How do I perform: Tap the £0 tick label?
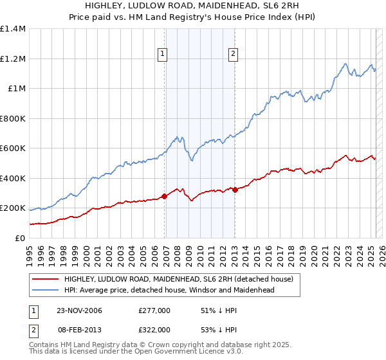coord(21,239)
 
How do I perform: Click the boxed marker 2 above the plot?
coord(232,55)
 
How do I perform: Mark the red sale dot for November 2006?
coord(165,197)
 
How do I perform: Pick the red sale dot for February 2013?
coord(235,190)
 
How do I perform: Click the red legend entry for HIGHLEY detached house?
coord(178,279)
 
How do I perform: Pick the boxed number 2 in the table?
coord(34,329)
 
